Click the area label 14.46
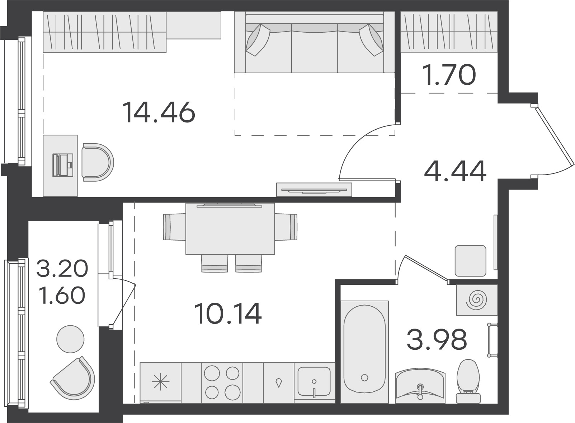coord(159,112)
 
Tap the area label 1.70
coord(449,75)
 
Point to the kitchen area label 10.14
coord(228,313)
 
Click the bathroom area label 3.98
coord(437,339)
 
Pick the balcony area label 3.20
coord(62,269)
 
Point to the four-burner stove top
coord(222,383)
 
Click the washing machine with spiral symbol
coord(477,300)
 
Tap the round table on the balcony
coord(70,339)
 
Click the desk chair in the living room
coord(98,162)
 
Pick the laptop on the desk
coord(63,165)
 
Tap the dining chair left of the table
coord(175,227)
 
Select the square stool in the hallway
coord(471,261)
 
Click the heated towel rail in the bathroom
coord(492,340)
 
